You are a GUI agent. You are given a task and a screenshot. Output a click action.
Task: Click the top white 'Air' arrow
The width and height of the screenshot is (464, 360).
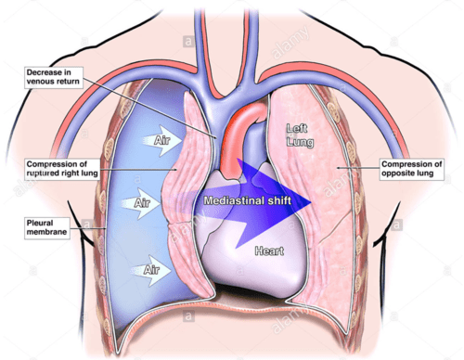pos(155,140)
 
